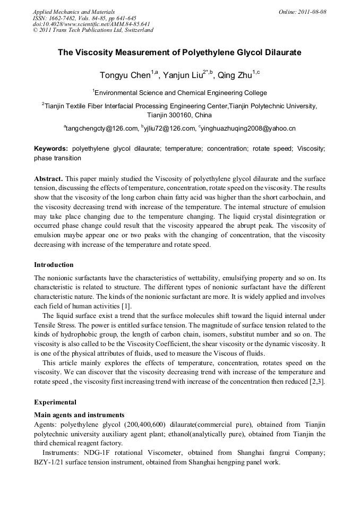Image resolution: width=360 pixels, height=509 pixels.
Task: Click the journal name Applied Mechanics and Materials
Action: (74, 12)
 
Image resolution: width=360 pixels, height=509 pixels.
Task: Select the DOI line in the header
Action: (91, 24)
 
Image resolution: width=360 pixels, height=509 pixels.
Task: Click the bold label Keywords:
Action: (51, 149)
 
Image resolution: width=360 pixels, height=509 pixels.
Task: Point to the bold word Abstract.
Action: (48, 178)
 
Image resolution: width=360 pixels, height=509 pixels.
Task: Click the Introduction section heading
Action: (54, 264)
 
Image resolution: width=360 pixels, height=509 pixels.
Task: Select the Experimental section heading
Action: (55, 402)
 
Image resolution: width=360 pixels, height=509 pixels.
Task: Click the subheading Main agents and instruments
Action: (79, 415)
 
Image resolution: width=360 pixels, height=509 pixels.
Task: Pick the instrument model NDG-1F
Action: (97, 453)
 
